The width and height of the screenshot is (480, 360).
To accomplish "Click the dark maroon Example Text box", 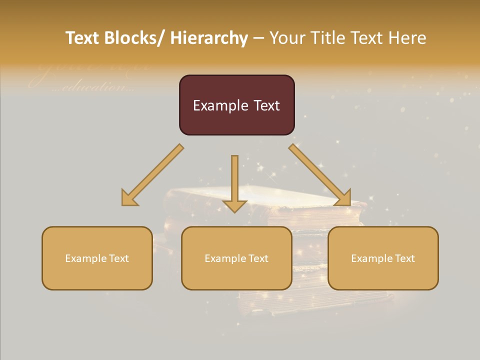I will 236,105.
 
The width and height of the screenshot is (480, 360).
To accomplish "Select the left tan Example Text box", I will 97,258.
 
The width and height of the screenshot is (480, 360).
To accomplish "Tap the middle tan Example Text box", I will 236,258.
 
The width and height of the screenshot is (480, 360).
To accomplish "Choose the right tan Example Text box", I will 383,258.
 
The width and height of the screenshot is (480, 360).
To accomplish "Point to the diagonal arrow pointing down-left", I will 153,175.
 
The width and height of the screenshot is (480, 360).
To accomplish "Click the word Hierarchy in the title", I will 209,38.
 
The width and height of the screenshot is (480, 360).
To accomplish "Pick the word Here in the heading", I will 408,38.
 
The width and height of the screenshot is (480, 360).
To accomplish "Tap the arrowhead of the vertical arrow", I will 234,205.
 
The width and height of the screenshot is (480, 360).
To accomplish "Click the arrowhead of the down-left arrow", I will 128,199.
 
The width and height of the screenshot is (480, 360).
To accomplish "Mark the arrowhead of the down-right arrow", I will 344,198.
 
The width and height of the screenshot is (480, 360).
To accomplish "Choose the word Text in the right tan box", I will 405,258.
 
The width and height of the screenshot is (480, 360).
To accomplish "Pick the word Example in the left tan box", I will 85,258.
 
